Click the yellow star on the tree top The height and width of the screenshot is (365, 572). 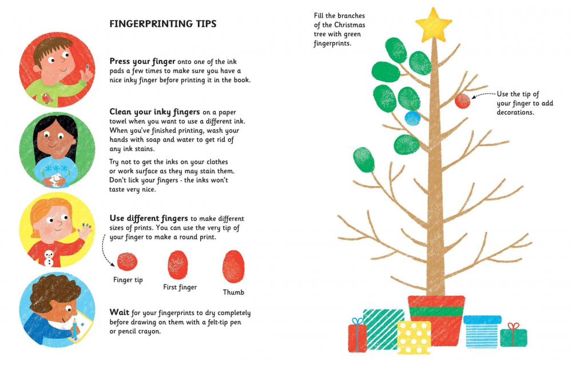434,26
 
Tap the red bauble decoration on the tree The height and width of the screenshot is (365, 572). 463,101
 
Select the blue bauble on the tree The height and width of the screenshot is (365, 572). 412,118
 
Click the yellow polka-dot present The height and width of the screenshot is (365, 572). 414,338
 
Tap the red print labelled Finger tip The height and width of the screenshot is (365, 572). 128,262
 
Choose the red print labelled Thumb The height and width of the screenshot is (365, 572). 233,267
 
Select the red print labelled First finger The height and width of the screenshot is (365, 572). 178,265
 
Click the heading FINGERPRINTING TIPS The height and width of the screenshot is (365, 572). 163,24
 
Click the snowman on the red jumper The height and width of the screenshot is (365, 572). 49,258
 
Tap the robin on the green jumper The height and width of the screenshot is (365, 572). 47,98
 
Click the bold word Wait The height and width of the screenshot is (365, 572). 120,312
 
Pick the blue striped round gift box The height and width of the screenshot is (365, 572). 482,332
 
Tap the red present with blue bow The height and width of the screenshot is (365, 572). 357,335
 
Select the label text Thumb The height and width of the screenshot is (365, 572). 233,292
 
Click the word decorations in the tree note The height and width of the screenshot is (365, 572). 515,113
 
